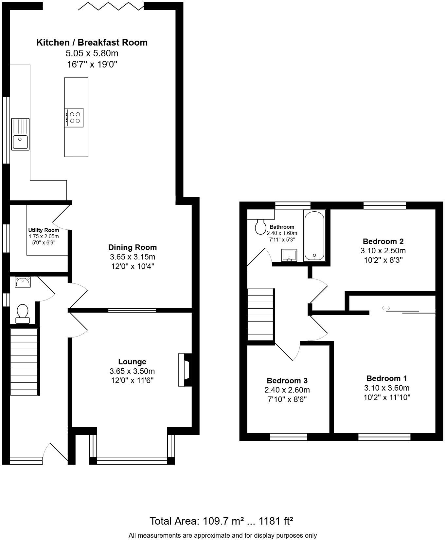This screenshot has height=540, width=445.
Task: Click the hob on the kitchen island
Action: tap(74, 118)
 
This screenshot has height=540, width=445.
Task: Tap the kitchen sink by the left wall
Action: tap(20, 134)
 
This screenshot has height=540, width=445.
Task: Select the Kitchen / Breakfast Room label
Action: tap(92, 43)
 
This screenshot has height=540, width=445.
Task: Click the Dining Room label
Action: tap(133, 247)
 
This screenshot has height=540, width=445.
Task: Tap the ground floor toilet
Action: tap(23, 313)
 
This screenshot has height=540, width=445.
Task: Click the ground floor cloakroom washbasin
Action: tap(23, 282)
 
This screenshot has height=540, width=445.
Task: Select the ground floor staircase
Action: tap(25, 362)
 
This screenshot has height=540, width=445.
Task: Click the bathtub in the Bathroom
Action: tap(314, 235)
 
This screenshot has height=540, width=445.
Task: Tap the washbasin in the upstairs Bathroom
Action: tap(289, 255)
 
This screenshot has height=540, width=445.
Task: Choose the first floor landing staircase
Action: tap(260, 315)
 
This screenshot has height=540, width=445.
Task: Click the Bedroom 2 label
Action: tap(383, 241)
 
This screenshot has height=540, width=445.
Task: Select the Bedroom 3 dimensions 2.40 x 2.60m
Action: tap(287, 390)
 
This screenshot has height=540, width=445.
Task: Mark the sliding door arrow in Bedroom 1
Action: tap(386, 308)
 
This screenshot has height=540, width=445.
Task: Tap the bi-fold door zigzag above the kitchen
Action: tap(111, 6)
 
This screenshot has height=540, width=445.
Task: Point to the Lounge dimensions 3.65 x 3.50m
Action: tap(132, 371)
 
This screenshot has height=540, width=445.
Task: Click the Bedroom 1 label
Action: tap(387, 378)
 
